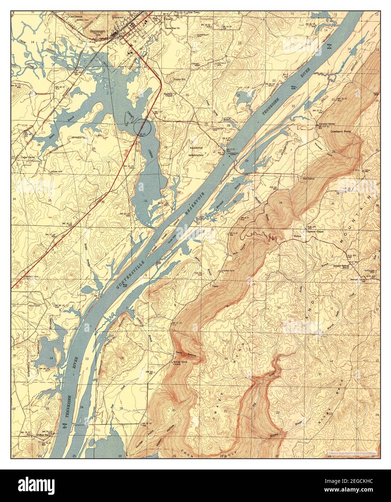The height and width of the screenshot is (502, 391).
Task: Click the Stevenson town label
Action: coord(98,31)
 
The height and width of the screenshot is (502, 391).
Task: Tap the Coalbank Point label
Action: coord(341,132)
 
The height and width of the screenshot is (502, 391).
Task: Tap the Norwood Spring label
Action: coord(326,124)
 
